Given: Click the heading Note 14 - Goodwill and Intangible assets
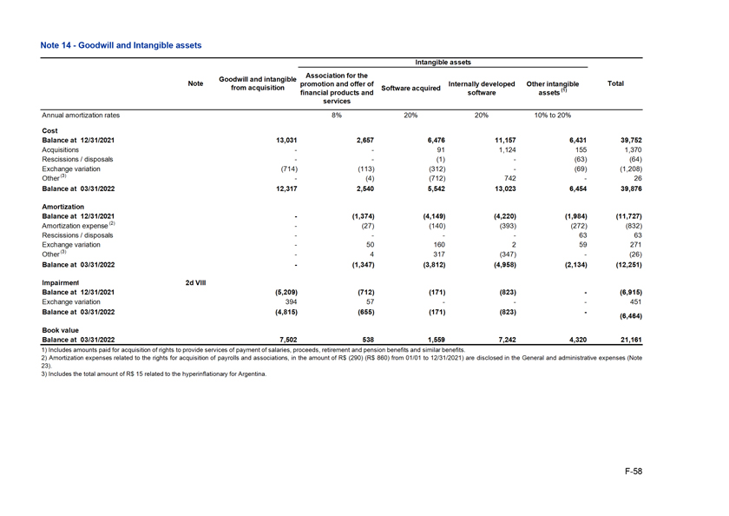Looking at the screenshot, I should (x=121, y=44).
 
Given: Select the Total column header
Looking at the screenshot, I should (x=615, y=84).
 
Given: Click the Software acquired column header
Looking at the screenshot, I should (x=410, y=88).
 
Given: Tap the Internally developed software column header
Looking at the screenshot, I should (x=482, y=88).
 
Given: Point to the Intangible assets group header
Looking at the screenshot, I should (x=443, y=63).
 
